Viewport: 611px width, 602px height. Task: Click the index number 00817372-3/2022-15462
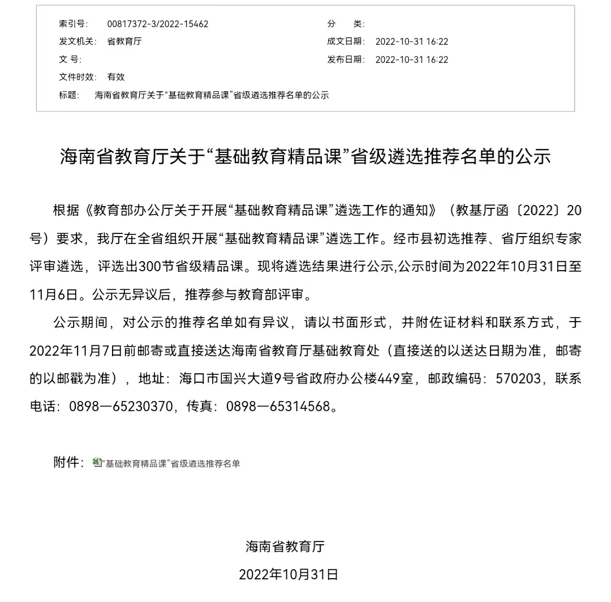[158, 24]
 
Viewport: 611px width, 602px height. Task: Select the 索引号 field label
[73, 24]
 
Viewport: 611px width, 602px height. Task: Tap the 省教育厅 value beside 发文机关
[124, 41]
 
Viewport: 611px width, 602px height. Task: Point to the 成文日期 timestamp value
[412, 41]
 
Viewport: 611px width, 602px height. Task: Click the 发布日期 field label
[346, 59]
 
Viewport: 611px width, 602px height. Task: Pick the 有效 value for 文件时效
[116, 77]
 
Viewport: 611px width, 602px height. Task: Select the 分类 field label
[346, 24]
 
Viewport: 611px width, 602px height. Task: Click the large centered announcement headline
[305, 157]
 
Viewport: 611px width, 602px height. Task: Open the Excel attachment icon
[97, 463]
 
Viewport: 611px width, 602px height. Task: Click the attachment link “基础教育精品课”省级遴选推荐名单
[172, 463]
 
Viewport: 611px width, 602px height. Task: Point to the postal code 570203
[518, 378]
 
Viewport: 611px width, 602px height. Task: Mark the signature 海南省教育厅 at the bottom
[285, 547]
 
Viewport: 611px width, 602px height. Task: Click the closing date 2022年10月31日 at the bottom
[289, 574]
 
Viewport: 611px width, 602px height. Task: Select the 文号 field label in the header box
[70, 59]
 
